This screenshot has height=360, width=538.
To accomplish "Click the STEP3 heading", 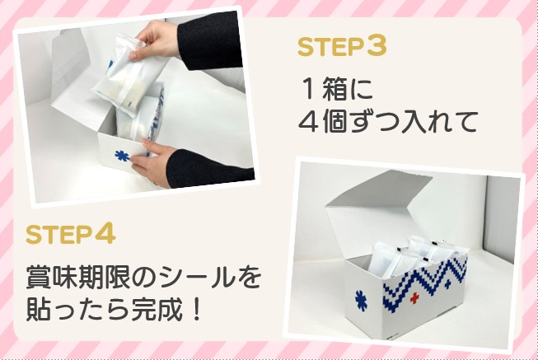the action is click(x=342, y=46).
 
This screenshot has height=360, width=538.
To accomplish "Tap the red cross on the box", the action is click(x=414, y=298).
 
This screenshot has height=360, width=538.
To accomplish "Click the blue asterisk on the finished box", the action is click(x=361, y=301).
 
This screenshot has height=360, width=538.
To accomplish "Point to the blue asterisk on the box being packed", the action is click(x=122, y=157).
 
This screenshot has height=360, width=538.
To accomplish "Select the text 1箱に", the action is click(x=337, y=90).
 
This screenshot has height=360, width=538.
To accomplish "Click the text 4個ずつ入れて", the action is click(x=388, y=121).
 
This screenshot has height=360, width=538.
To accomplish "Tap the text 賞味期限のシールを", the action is click(x=143, y=276).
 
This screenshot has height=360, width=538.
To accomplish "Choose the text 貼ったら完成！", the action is click(x=113, y=309).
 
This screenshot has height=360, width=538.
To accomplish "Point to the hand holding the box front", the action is click(x=154, y=162).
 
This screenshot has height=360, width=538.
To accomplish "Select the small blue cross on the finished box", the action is click(x=447, y=284).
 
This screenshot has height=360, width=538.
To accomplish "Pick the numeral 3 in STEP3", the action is click(x=377, y=46).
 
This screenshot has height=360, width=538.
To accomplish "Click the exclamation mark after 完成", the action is click(x=197, y=309).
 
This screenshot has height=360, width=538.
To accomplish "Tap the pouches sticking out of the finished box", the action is click(x=412, y=255).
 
